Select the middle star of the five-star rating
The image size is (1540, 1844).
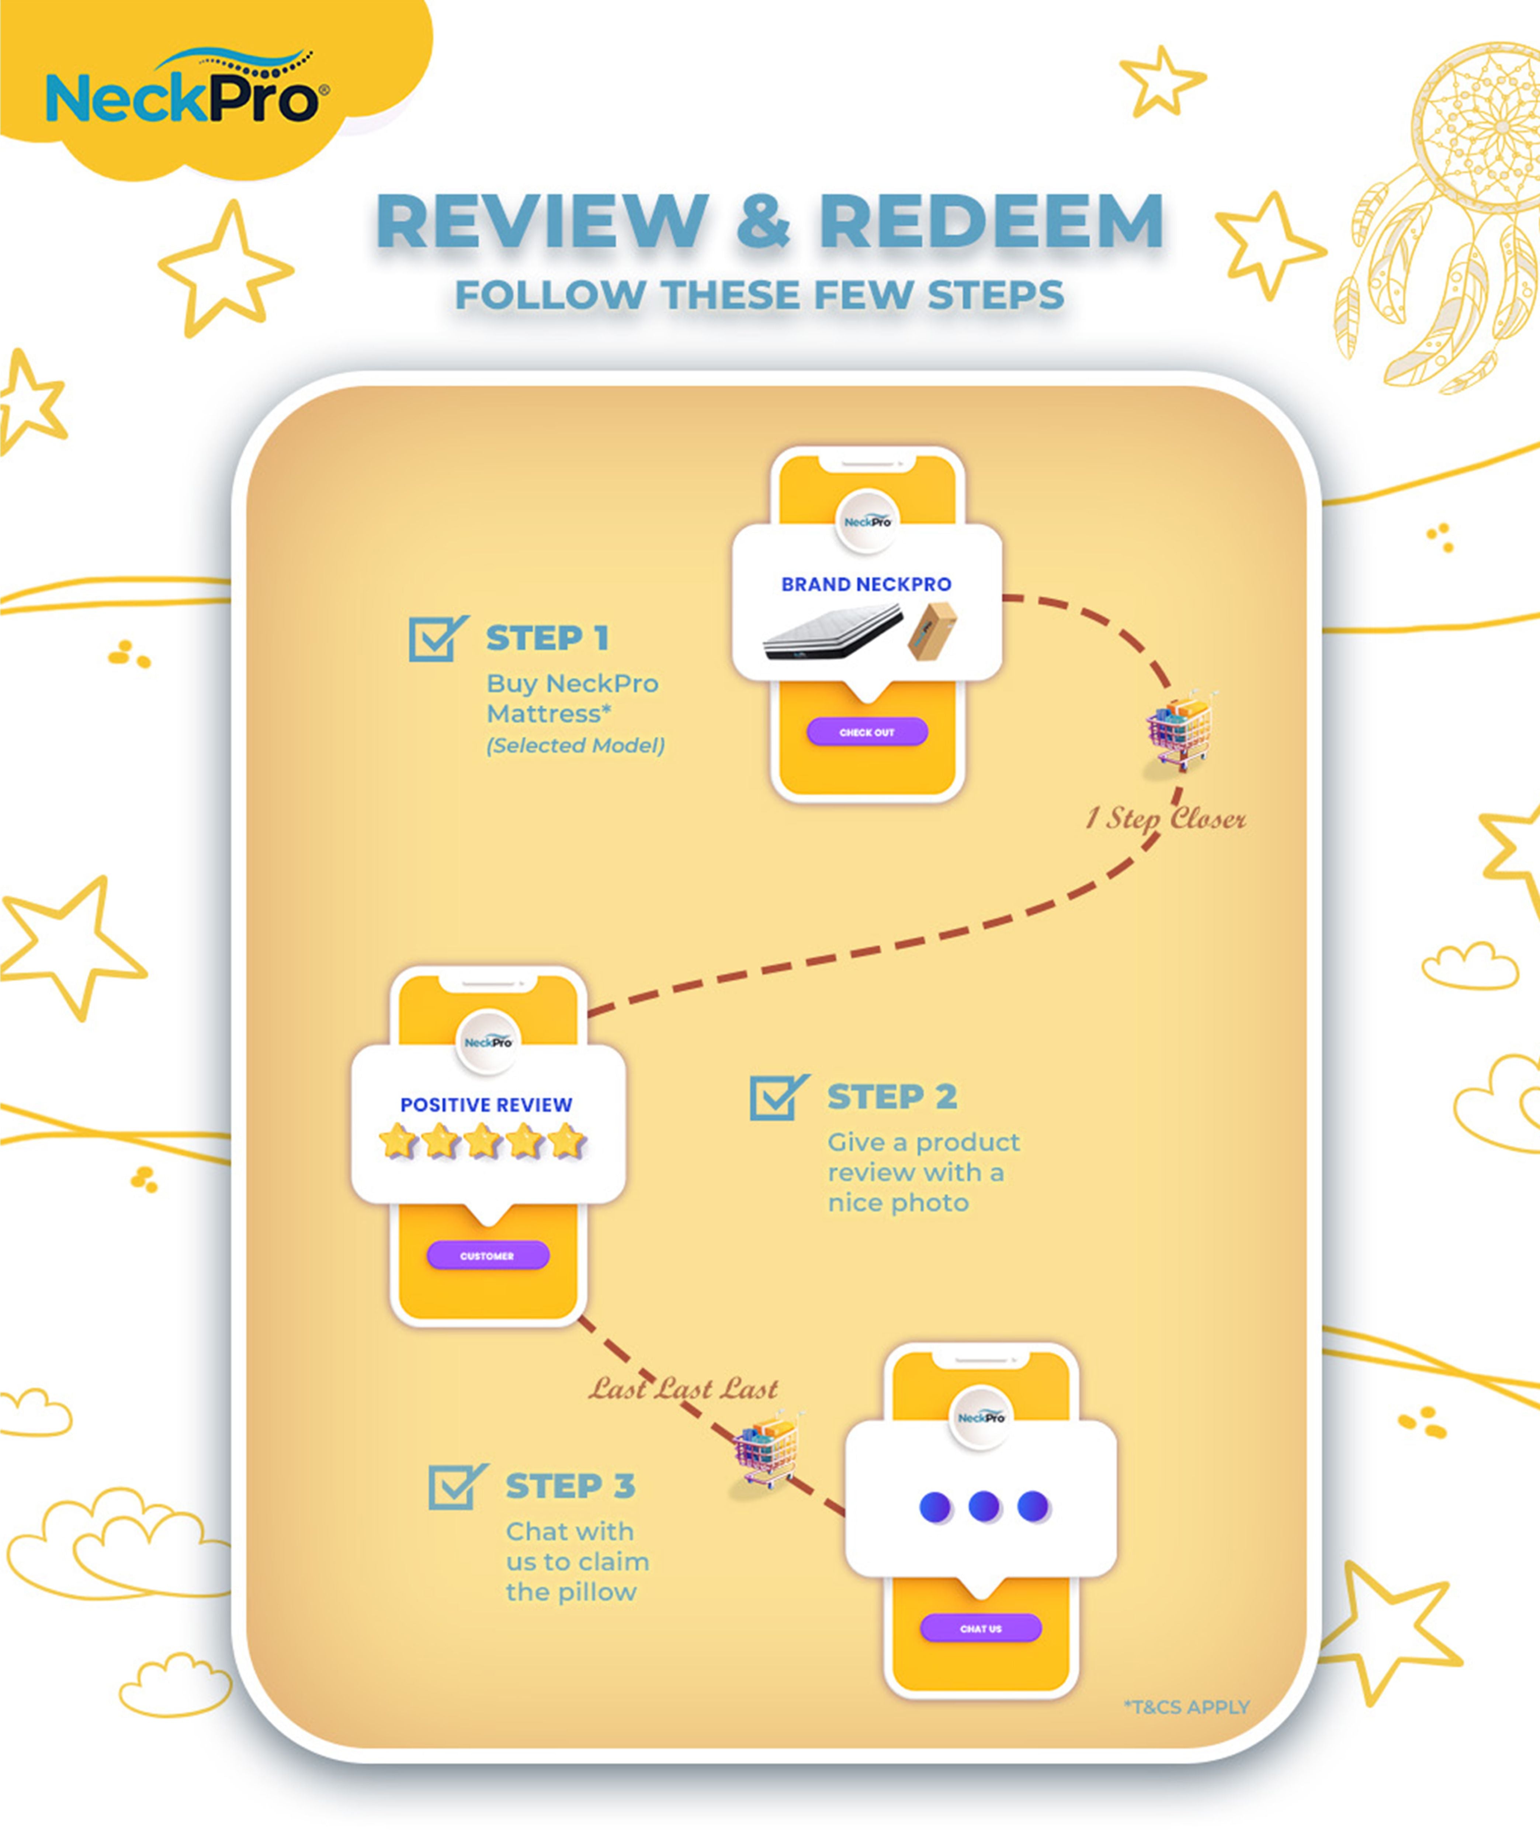pyautogui.click(x=482, y=1141)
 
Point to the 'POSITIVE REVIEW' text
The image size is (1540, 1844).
pyautogui.click(x=486, y=1105)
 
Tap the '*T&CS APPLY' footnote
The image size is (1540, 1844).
pyautogui.click(x=1186, y=1707)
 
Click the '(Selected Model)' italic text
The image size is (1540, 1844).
pyautogui.click(x=575, y=745)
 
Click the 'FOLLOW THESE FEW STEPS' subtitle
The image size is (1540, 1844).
pyautogui.click(x=759, y=295)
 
